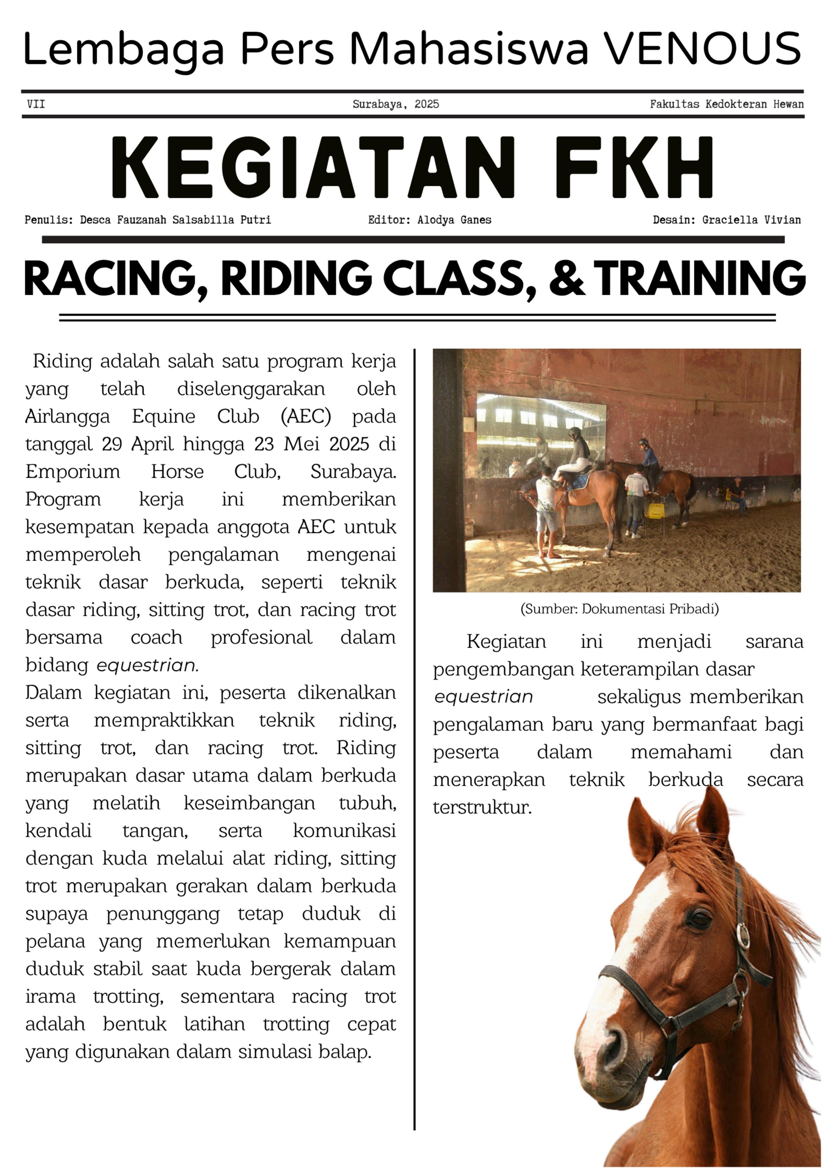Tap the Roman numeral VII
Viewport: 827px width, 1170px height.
pos(36,104)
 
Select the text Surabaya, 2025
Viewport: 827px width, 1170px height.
pos(395,104)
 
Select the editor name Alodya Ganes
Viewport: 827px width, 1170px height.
pos(454,220)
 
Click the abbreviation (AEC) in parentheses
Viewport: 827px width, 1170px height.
pos(306,416)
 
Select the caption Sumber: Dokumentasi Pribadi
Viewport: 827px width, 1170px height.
pos(619,609)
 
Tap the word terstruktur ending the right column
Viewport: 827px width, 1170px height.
pos(482,807)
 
